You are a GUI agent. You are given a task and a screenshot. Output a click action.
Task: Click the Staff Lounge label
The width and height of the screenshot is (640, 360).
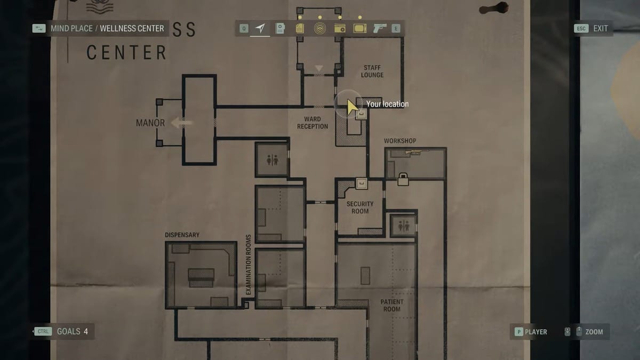[372, 71]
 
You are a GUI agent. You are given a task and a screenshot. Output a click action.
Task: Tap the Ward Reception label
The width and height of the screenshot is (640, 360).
[313, 123]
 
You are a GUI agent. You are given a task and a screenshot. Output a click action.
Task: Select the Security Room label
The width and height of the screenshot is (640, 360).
[360, 207]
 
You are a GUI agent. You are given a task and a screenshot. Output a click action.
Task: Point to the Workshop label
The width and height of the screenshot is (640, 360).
[400, 141]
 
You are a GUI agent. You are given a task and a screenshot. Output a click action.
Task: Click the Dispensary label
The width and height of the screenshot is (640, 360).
[182, 235]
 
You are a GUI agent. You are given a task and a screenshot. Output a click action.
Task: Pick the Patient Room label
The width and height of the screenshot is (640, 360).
[391, 306]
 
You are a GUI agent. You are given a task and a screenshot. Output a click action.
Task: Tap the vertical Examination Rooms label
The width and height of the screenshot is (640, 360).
[249, 265]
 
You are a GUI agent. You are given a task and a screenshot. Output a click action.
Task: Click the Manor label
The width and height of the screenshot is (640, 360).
[150, 123]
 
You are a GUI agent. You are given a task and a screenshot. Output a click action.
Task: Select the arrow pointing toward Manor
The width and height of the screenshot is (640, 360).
[181, 123]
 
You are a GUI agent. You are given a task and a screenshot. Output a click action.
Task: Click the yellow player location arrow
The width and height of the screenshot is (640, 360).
[352, 107]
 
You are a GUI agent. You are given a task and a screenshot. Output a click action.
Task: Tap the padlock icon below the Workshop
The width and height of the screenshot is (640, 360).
[403, 179]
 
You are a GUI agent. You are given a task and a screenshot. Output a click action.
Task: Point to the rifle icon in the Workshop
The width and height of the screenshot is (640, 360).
[417, 153]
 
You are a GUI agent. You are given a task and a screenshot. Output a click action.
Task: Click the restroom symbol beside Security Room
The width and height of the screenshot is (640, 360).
[403, 226]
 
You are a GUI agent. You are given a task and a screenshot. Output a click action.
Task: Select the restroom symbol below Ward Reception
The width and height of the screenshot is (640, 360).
[273, 160]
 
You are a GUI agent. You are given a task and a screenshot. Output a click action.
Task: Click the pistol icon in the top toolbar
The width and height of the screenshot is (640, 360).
[380, 28]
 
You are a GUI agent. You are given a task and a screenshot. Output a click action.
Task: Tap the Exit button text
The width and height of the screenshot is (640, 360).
[601, 29]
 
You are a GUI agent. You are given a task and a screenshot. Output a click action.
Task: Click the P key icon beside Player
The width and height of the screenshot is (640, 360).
[518, 332]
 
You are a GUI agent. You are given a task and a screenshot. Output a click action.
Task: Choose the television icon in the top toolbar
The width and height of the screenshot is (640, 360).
[359, 28]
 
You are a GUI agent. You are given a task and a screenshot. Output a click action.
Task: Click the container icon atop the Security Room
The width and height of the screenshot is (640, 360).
[362, 183]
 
